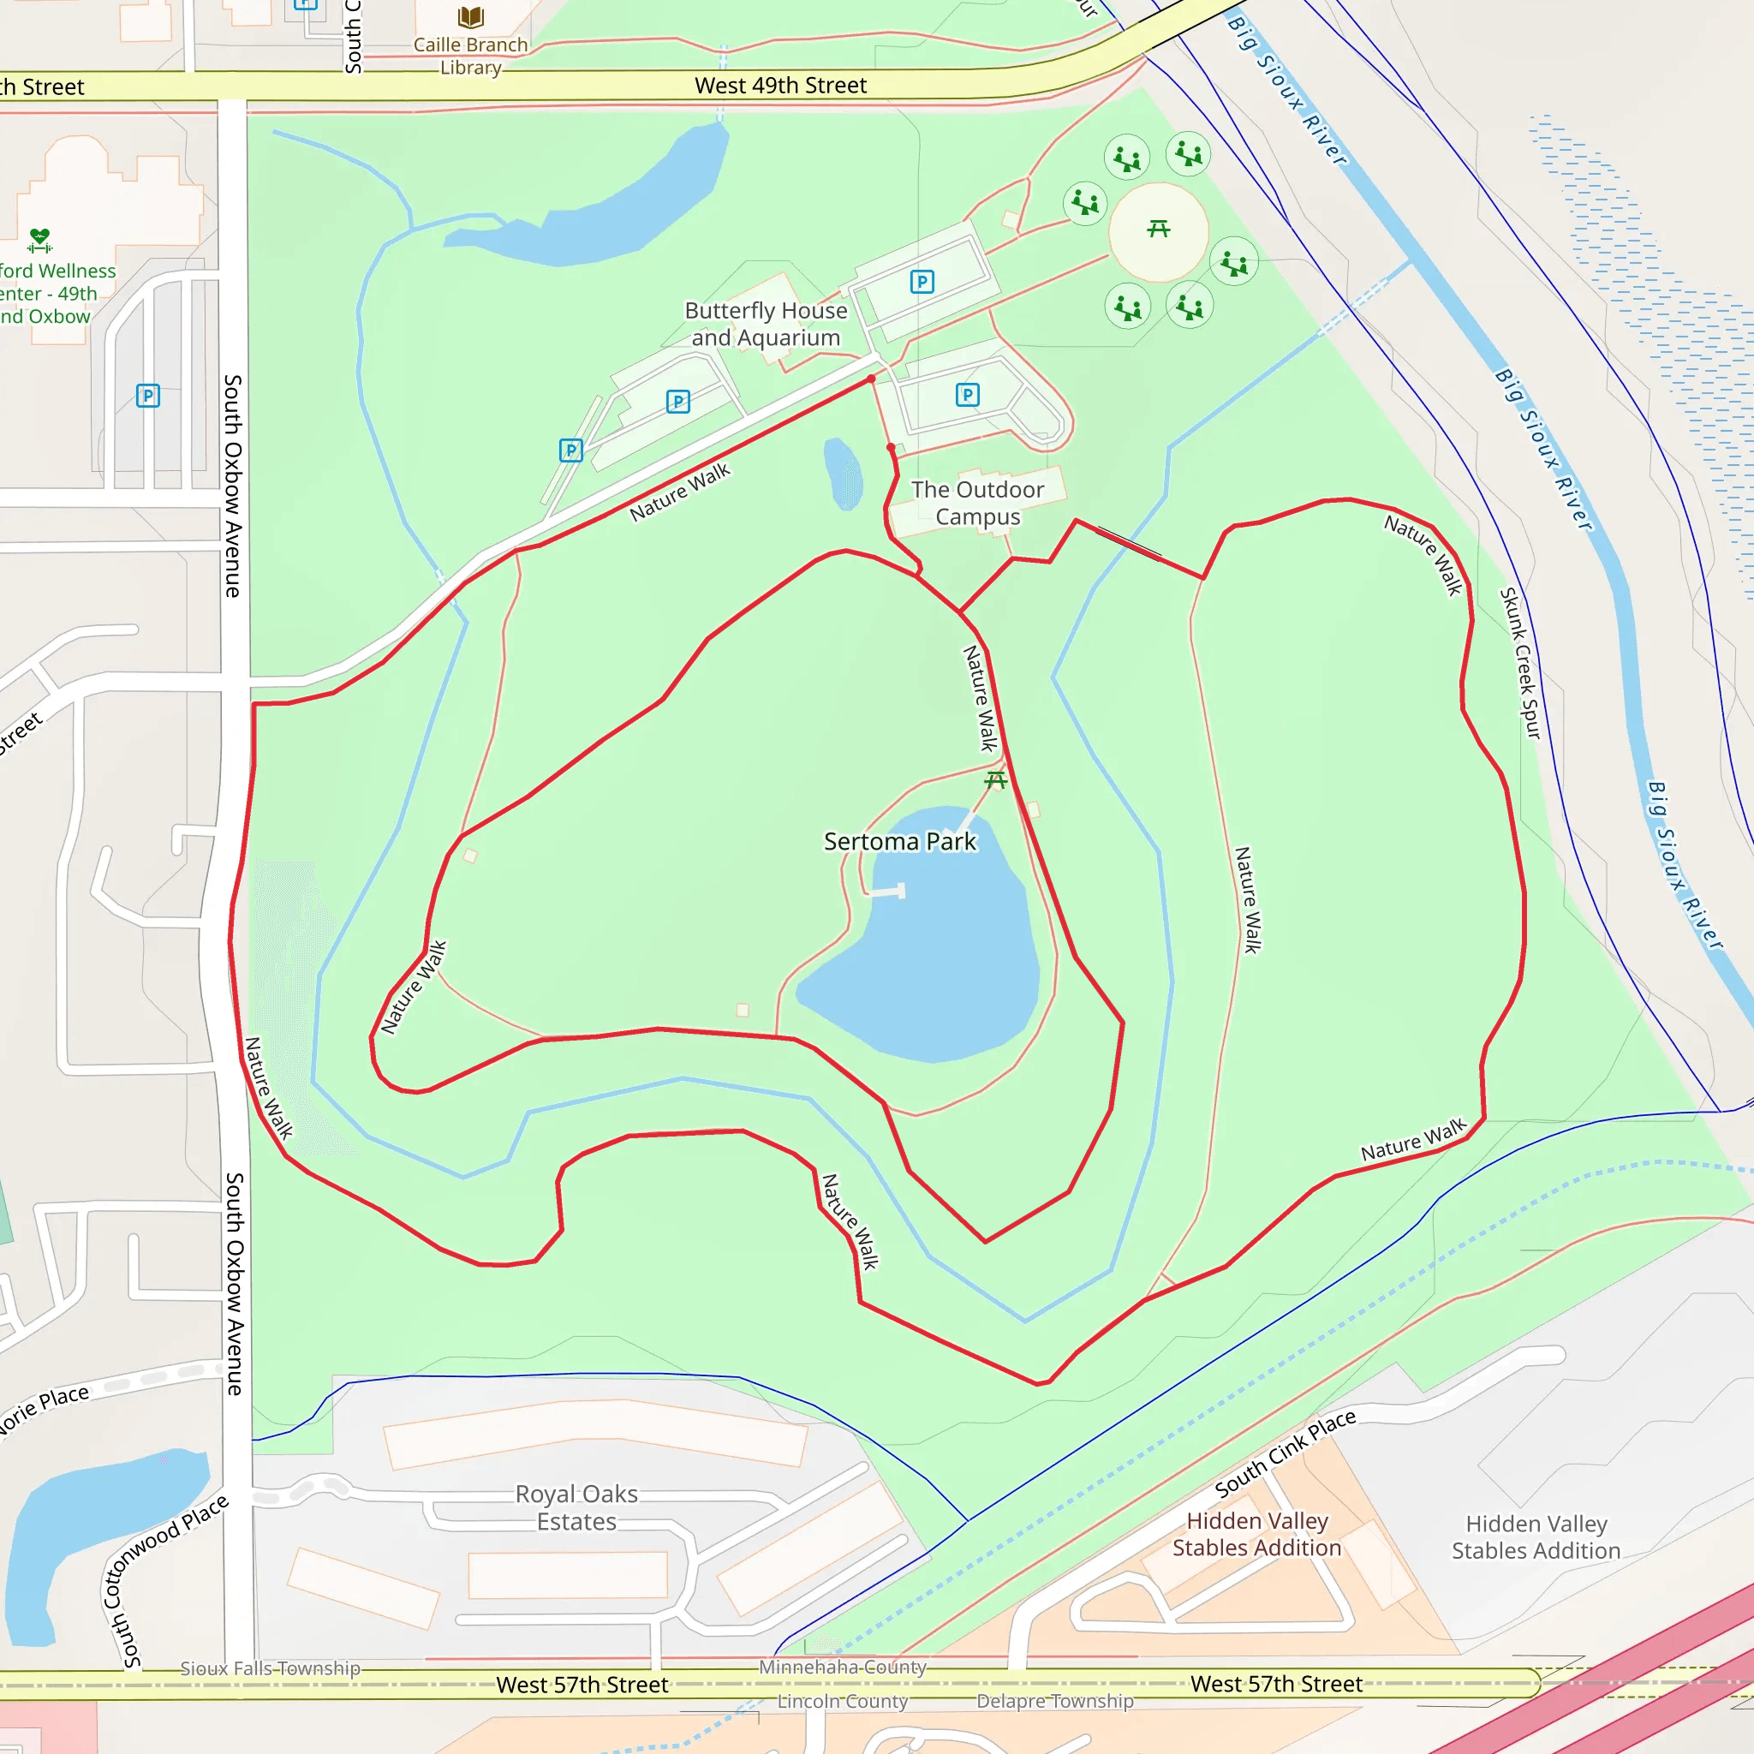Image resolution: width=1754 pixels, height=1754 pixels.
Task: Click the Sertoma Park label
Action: [900, 842]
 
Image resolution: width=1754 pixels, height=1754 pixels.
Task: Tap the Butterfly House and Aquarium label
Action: [766, 324]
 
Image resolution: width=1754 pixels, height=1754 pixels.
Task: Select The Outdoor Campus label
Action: [977, 503]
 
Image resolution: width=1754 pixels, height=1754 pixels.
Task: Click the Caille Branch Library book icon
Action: [470, 16]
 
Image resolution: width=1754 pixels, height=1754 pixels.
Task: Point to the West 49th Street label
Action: [780, 86]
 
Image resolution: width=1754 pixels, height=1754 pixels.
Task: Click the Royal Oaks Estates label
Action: [576, 1507]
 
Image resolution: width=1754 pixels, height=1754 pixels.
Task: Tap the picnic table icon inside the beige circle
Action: [1158, 228]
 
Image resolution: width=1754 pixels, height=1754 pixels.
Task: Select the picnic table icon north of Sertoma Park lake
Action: [996, 779]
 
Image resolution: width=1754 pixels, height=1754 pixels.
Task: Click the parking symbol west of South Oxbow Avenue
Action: [148, 396]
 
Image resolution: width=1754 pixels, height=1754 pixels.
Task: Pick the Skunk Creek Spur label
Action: [1520, 663]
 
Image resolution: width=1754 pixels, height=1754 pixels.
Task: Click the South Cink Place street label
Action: [1285, 1453]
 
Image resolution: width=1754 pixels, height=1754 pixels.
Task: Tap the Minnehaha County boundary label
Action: [843, 1667]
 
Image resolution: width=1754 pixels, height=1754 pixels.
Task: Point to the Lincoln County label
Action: [842, 1702]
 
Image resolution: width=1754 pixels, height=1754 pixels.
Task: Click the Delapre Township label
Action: [1055, 1702]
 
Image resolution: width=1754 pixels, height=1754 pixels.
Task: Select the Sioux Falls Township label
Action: [270, 1668]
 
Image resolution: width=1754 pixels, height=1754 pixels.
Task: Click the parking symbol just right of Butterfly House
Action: [922, 282]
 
